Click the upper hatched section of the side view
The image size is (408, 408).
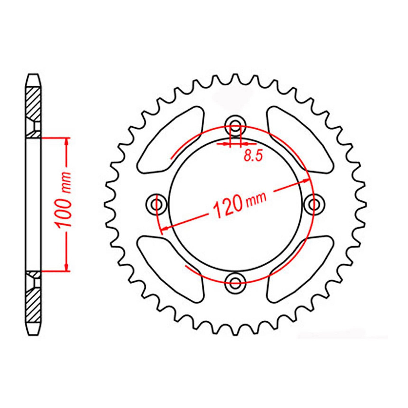click(33, 102)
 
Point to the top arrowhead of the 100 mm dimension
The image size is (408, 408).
click(67, 142)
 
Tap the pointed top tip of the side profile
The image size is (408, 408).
click(33, 75)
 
